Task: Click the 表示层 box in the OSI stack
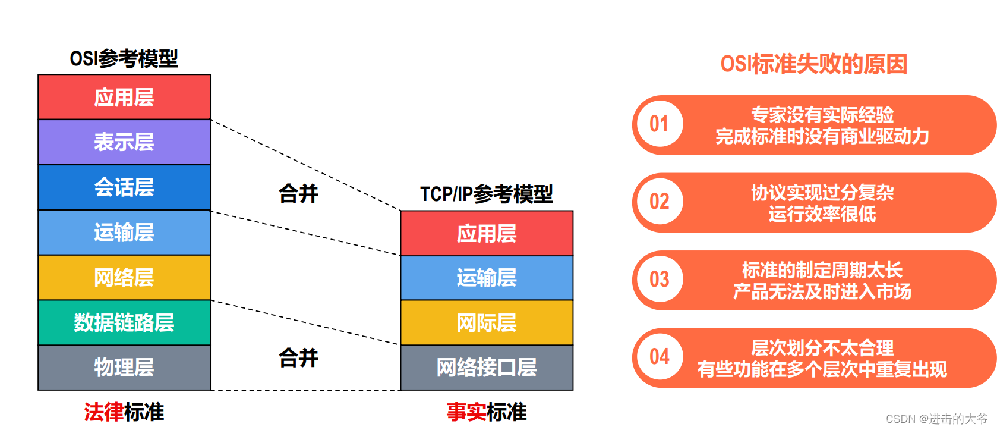pyautogui.click(x=124, y=142)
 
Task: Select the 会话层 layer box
pyautogui.click(x=124, y=187)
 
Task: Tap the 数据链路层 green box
pyautogui.click(x=124, y=322)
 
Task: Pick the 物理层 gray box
pyautogui.click(x=124, y=368)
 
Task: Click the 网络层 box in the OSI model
pyautogui.click(x=124, y=278)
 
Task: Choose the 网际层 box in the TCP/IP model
pyautogui.click(x=487, y=323)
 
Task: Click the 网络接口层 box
pyautogui.click(x=487, y=368)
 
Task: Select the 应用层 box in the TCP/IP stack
pyautogui.click(x=487, y=234)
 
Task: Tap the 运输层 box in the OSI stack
pyautogui.click(x=124, y=233)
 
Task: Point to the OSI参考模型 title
pyautogui.click(x=124, y=58)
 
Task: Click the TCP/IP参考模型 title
pyautogui.click(x=486, y=194)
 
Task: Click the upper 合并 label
pyautogui.click(x=298, y=194)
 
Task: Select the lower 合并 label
pyautogui.click(x=298, y=358)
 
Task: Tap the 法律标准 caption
pyautogui.click(x=124, y=412)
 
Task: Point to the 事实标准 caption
pyautogui.click(x=486, y=412)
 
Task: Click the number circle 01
pyautogui.click(x=659, y=124)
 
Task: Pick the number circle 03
pyautogui.click(x=659, y=280)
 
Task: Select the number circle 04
pyautogui.click(x=659, y=357)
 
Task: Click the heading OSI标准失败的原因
pyautogui.click(x=813, y=64)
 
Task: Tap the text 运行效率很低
pyautogui.click(x=822, y=214)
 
